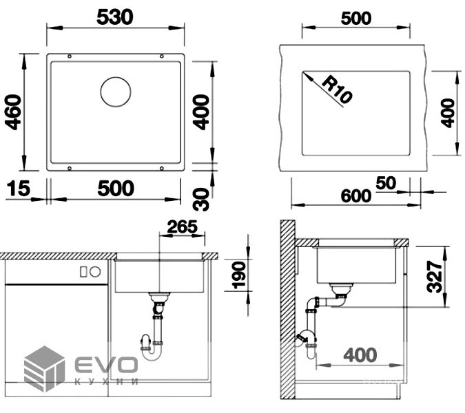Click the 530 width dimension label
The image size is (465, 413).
tap(115, 17)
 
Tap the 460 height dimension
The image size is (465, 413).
tap(14, 112)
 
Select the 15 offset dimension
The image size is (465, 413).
tap(18, 189)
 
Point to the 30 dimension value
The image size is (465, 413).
tap(201, 199)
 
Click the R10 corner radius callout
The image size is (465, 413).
tap(337, 89)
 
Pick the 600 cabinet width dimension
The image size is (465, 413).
tap(356, 196)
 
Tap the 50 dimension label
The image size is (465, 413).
tap(386, 183)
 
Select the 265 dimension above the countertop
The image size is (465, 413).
tap(182, 227)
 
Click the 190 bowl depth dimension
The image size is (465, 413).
tap(239, 275)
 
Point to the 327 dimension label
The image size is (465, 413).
tap(435, 277)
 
